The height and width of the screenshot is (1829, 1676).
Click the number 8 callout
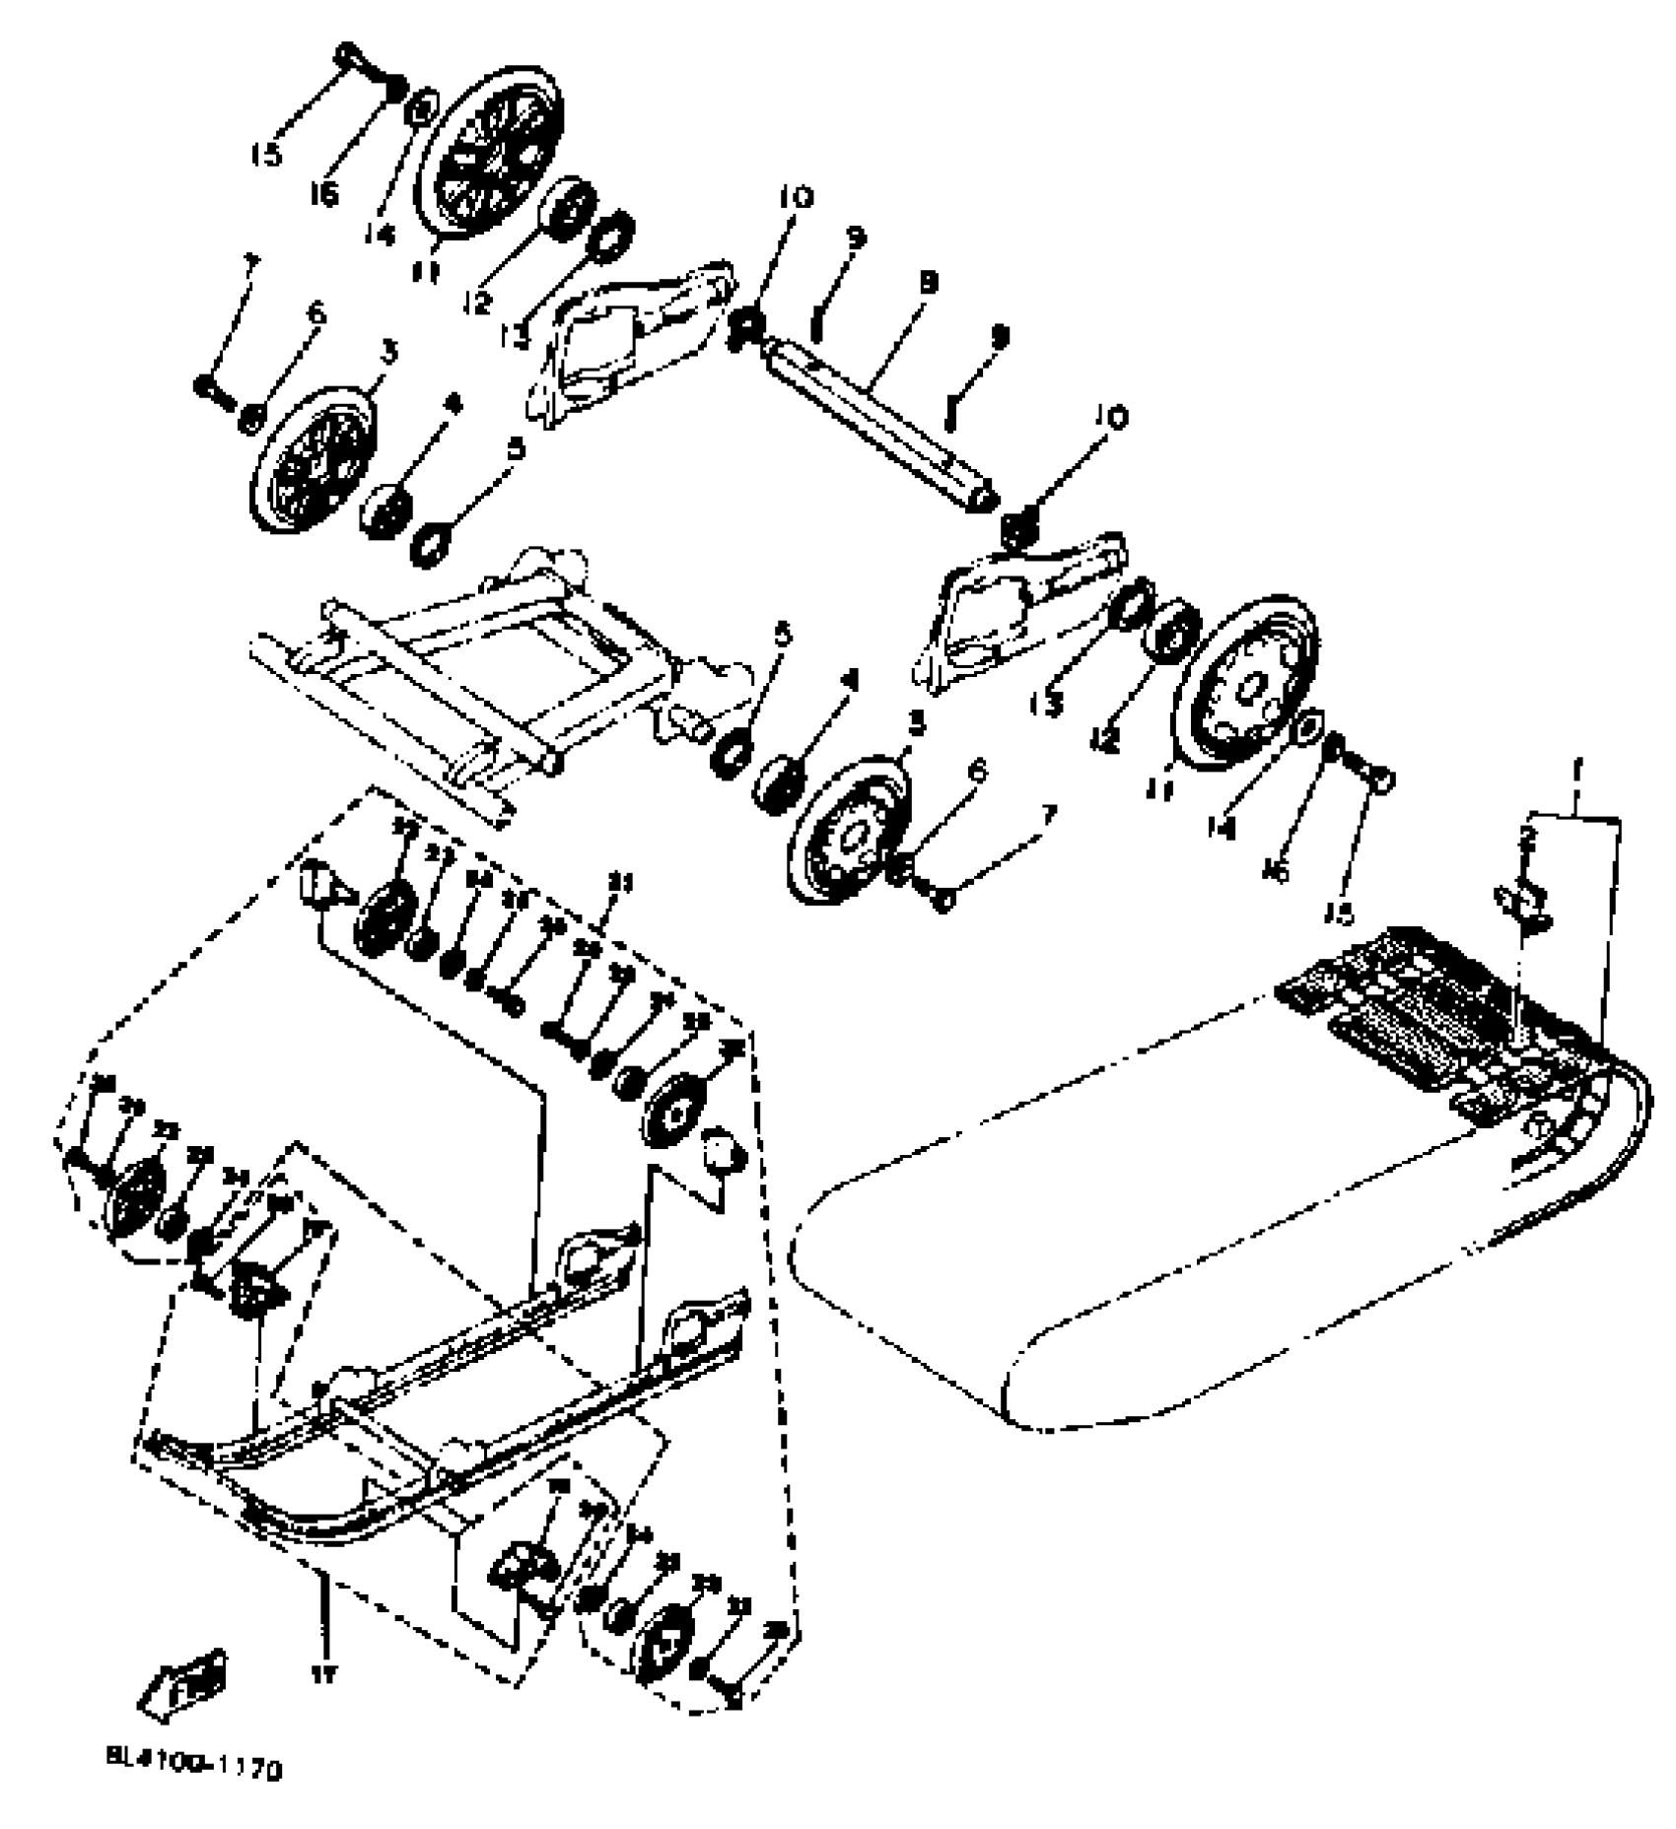[x=929, y=284]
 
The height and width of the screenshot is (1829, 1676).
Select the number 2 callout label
[x=1528, y=839]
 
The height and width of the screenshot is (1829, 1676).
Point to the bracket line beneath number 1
[x=1573, y=816]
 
